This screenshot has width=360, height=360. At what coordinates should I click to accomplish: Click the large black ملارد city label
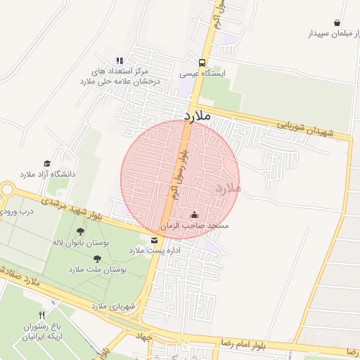(198, 115)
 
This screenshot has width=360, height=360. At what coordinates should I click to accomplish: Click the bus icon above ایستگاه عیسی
(202, 62)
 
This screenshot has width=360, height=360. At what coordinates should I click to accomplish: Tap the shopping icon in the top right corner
(337, 22)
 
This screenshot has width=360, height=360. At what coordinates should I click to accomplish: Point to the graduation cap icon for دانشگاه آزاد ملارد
(47, 163)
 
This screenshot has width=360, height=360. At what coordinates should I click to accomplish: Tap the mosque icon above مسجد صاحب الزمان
(194, 215)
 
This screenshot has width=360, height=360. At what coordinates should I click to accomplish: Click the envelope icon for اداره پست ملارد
(154, 240)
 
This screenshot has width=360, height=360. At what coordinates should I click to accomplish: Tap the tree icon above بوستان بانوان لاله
(80, 231)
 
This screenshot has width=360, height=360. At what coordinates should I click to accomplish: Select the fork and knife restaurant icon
(41, 315)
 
